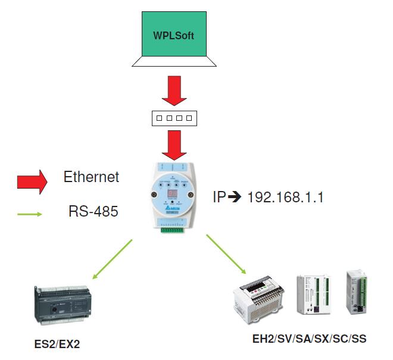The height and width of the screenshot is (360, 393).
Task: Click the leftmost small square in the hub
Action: pyautogui.click(x=159, y=118)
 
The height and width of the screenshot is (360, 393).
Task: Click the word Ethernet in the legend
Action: pyautogui.click(x=91, y=177)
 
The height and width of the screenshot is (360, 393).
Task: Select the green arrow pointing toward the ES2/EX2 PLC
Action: pyautogui.click(x=113, y=258)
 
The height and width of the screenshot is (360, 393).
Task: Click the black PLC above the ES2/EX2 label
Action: pyautogui.click(x=62, y=303)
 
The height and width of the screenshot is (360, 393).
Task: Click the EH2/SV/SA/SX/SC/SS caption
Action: pyautogui.click(x=309, y=339)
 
